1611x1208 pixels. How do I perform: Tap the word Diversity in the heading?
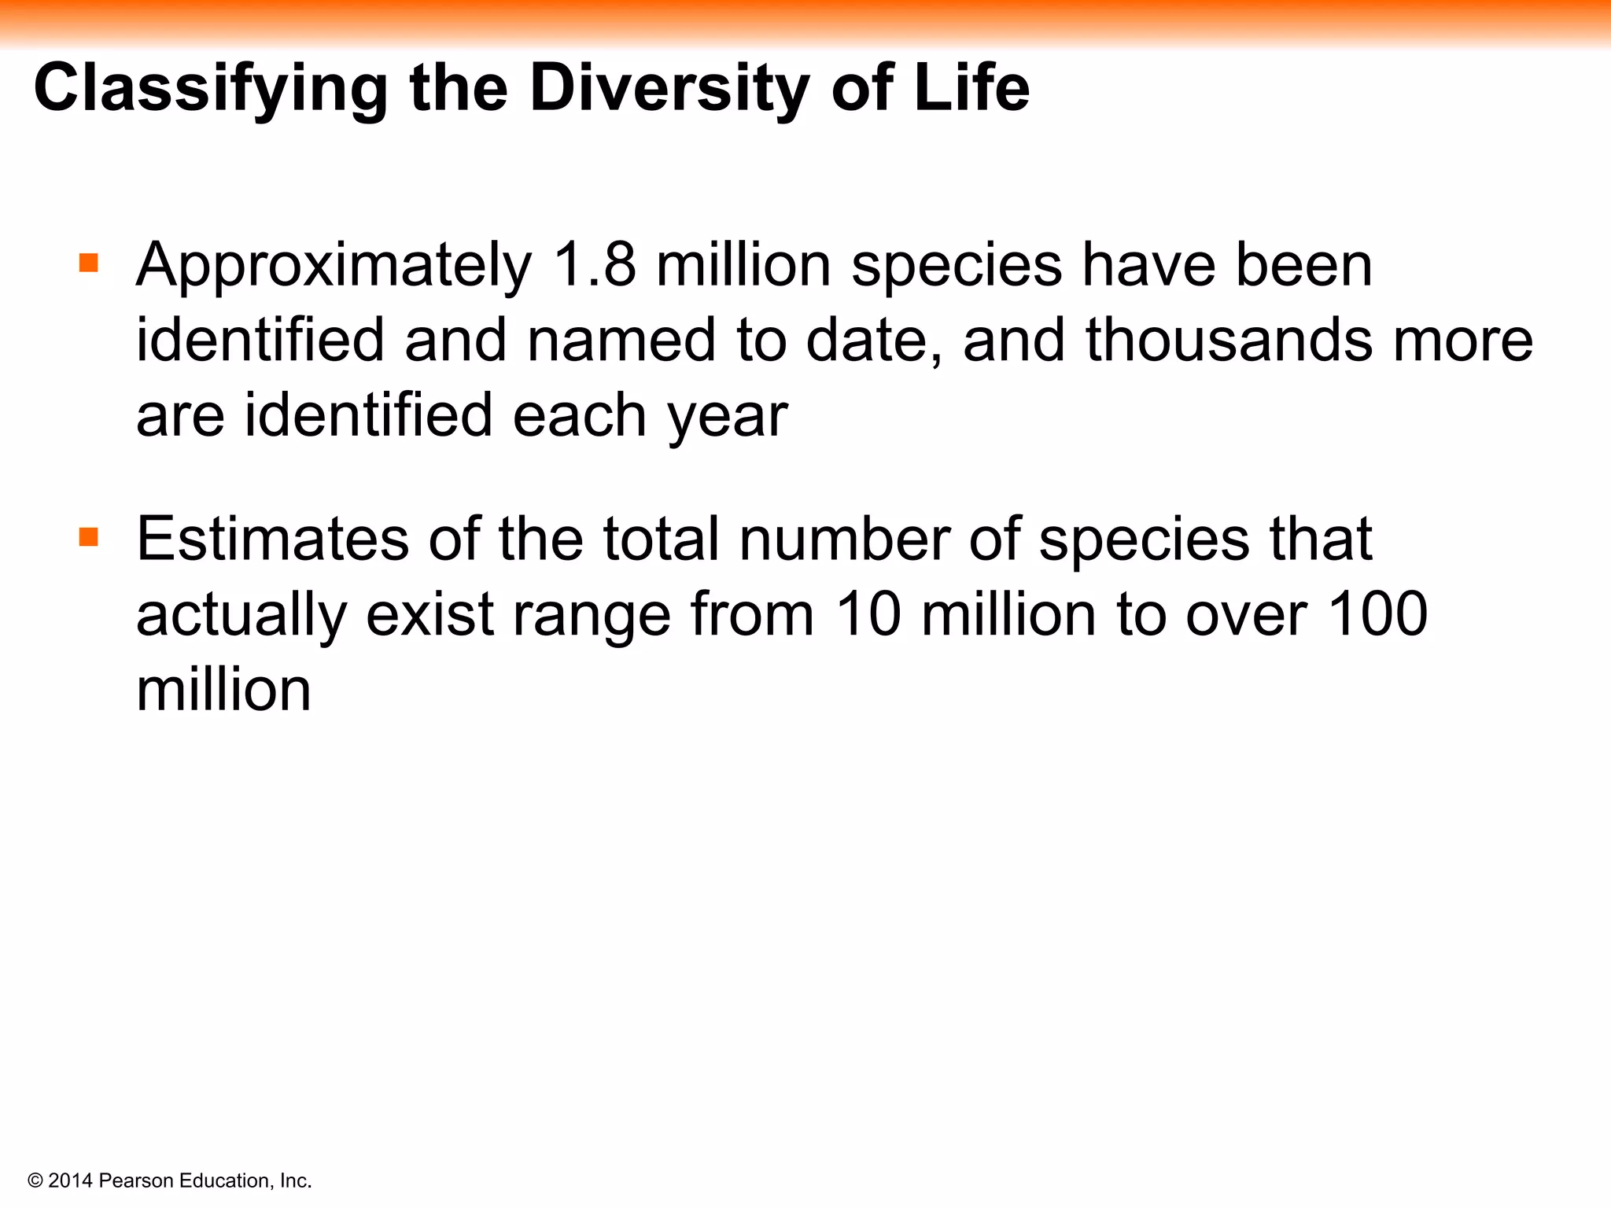669,88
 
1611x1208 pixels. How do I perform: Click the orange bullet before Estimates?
89,537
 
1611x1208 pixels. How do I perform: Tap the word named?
621,340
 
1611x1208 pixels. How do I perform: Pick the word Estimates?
272,539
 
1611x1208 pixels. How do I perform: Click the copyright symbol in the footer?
35,1180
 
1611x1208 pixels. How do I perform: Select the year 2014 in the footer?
70,1180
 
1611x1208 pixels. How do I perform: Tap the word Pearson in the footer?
137,1180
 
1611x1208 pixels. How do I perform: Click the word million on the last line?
223,690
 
